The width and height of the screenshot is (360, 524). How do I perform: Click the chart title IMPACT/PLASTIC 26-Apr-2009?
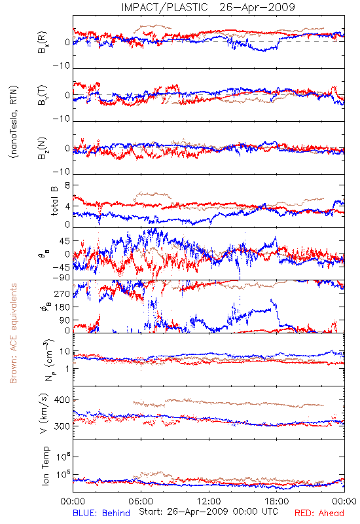[208, 7]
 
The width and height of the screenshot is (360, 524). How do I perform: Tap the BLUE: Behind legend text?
[101, 513]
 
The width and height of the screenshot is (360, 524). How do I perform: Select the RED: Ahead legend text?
[319, 513]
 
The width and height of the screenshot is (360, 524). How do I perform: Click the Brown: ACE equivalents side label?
[13, 333]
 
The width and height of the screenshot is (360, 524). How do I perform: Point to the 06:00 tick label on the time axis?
[141, 501]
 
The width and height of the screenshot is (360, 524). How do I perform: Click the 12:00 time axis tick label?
[209, 501]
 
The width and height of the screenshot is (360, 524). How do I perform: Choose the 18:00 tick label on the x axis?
[277, 501]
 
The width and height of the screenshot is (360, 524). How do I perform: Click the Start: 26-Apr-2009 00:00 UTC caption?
[208, 512]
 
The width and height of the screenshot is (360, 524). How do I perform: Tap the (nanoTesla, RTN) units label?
[14, 122]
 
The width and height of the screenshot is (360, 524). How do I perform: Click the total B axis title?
[54, 201]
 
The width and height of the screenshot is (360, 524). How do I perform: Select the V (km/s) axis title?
[44, 413]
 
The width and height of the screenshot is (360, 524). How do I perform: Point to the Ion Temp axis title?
[45, 466]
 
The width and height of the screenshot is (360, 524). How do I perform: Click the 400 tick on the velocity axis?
[62, 400]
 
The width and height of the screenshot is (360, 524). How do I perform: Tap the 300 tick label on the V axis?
[62, 426]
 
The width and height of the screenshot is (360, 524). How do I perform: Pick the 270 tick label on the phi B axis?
[62, 293]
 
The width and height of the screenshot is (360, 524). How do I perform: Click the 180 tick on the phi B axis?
[62, 307]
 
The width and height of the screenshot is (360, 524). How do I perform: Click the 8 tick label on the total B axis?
[67, 185]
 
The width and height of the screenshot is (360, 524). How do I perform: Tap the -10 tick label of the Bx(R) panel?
[61, 66]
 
